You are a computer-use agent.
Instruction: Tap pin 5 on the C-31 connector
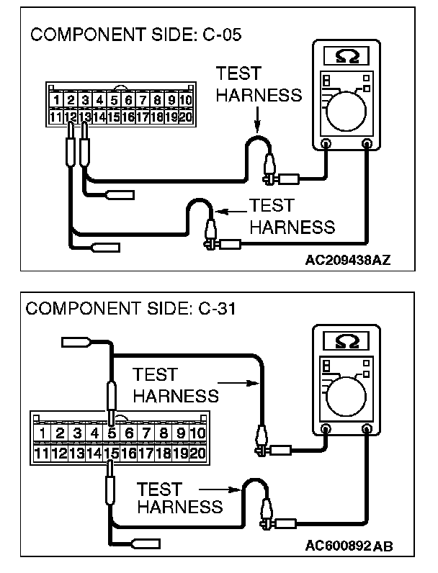point(112,433)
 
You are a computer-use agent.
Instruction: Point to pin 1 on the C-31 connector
point(44,433)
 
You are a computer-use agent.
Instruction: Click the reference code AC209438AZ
point(347,260)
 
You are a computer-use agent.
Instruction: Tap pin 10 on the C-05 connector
point(185,100)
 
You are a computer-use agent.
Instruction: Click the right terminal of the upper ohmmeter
point(367,144)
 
